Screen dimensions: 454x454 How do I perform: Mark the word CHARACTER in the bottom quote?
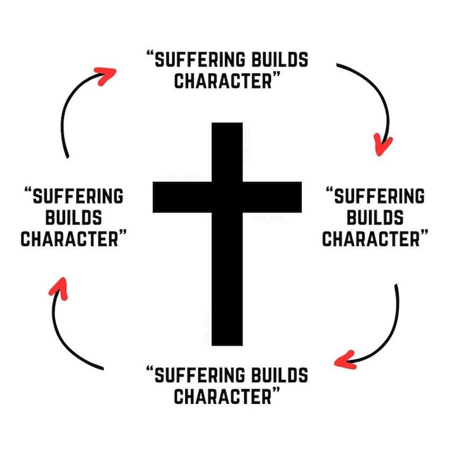click(x=223, y=396)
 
